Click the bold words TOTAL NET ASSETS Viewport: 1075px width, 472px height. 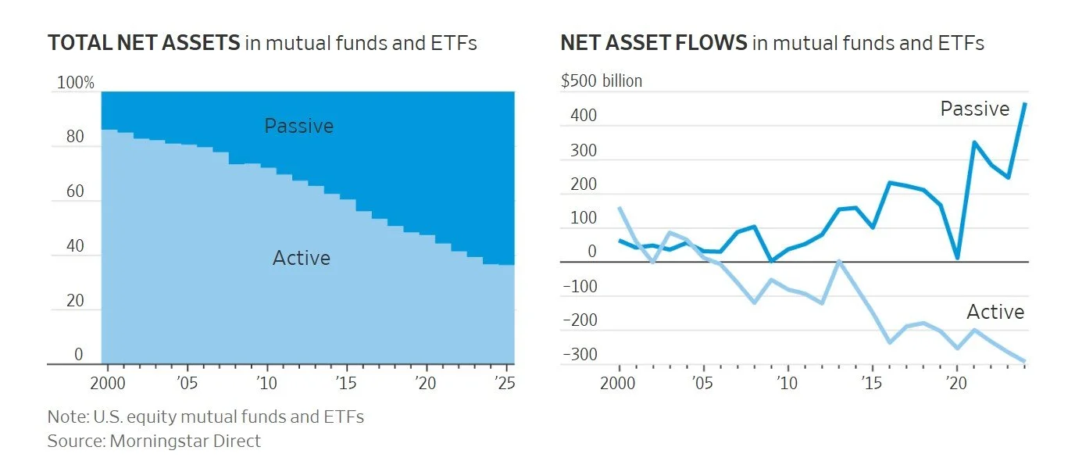(144, 43)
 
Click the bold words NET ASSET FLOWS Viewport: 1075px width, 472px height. (653, 43)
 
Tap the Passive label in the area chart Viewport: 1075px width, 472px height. (298, 126)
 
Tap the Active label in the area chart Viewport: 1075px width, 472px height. (301, 258)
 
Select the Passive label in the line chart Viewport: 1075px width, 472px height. (974, 109)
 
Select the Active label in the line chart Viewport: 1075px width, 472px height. (995, 313)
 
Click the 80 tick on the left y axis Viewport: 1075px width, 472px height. (75, 138)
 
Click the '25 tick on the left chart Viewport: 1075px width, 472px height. (505, 384)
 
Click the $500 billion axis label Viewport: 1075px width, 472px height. (602, 81)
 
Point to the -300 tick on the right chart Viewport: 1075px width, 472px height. (580, 355)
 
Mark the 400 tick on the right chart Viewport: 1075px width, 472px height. (584, 116)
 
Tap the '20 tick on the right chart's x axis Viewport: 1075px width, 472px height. (955, 384)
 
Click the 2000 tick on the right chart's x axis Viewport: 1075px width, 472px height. (619, 384)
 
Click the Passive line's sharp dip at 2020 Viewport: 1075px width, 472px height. (957, 257)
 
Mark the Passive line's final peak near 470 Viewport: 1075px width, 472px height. (1024, 104)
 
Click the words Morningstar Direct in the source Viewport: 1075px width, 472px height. (185, 441)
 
